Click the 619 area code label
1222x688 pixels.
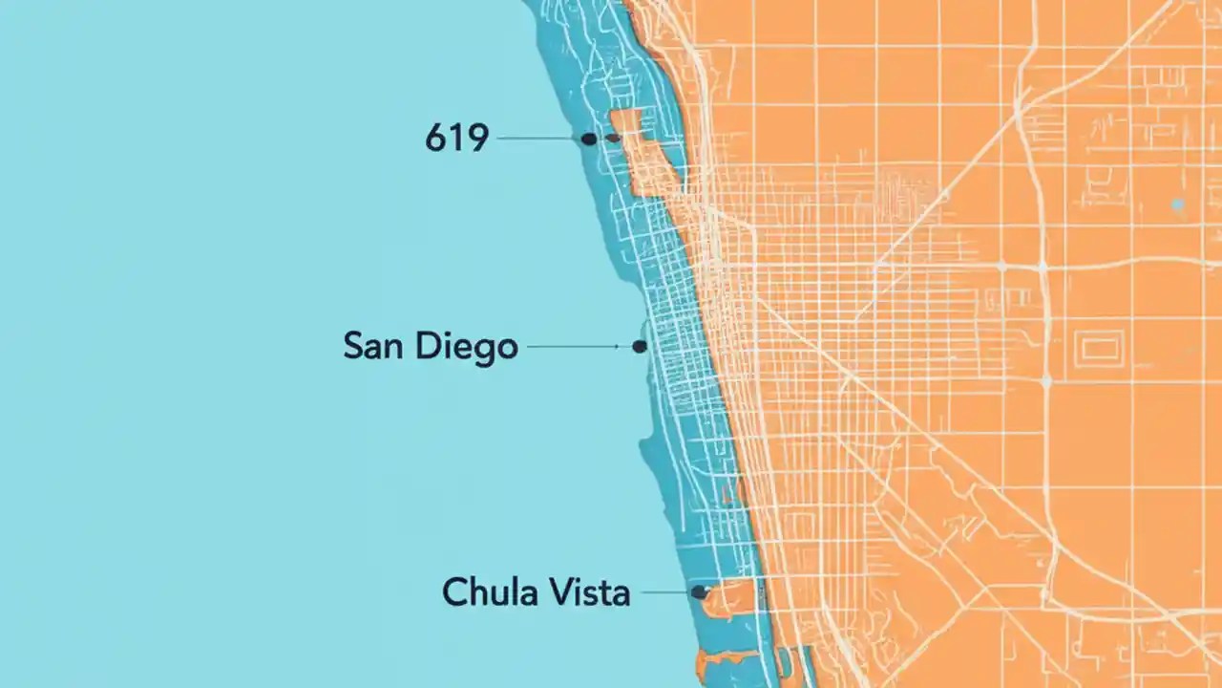click(x=456, y=140)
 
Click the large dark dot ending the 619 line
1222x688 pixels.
click(x=589, y=139)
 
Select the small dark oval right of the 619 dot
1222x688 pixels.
click(x=613, y=139)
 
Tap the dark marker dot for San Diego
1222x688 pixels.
click(x=640, y=347)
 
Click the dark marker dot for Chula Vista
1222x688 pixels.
click(x=699, y=592)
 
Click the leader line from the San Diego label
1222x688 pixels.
click(x=578, y=347)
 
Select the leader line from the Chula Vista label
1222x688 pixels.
click(x=665, y=592)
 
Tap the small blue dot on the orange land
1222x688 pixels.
click(x=1177, y=204)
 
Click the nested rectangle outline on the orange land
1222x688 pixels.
click(x=1100, y=349)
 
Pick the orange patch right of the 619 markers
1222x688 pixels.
click(x=643, y=158)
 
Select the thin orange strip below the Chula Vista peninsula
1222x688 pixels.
click(x=730, y=657)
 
